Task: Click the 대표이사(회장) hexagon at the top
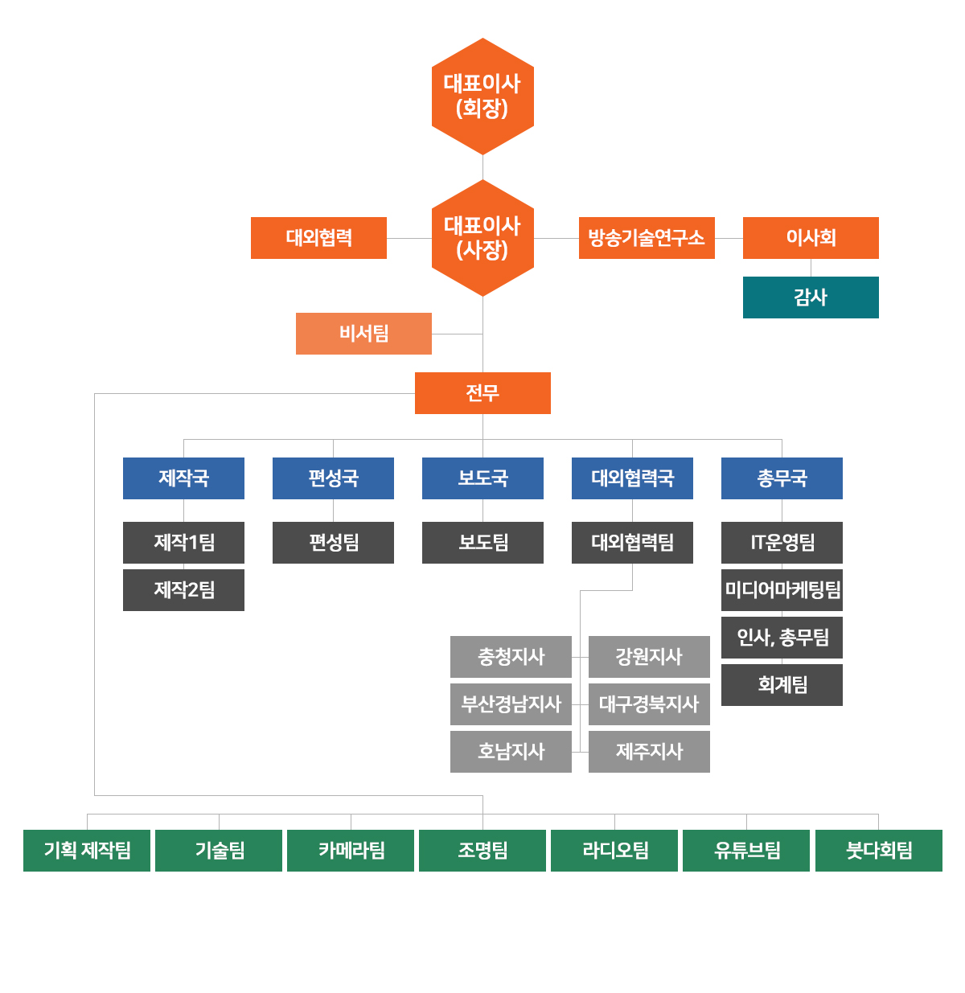pyautogui.click(x=482, y=96)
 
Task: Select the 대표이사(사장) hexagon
pyautogui.click(x=482, y=238)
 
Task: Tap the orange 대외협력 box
pyautogui.click(x=318, y=238)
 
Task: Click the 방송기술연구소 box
pyautogui.click(x=647, y=238)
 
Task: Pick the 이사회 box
pyautogui.click(x=811, y=238)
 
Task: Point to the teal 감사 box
pyautogui.click(x=811, y=297)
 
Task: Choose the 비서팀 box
pyautogui.click(x=363, y=334)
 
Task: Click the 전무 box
pyautogui.click(x=482, y=393)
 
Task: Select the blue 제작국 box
pyautogui.click(x=183, y=478)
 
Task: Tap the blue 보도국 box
pyautogui.click(x=482, y=478)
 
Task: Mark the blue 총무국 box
pyautogui.click(x=782, y=478)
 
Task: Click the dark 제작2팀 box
pyautogui.click(x=183, y=590)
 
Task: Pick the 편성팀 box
pyautogui.click(x=333, y=543)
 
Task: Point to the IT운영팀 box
pyautogui.click(x=782, y=543)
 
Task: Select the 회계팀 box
pyautogui.click(x=782, y=685)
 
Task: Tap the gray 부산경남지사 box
pyautogui.click(x=511, y=704)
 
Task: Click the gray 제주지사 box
pyautogui.click(x=649, y=752)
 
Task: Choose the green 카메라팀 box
pyautogui.click(x=351, y=851)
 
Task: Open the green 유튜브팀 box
pyautogui.click(x=746, y=851)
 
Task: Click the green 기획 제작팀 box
pyautogui.click(x=87, y=851)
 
